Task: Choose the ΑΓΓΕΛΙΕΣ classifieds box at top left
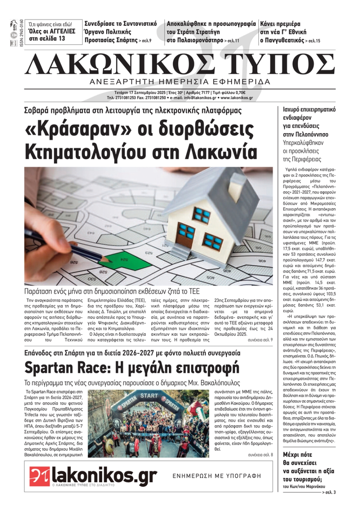52,32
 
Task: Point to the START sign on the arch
149,396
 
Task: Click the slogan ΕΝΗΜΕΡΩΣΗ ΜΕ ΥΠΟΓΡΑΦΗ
217,476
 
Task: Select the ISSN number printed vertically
21,33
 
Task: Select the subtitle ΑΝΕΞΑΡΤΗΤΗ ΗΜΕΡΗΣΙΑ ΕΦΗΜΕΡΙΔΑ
180,82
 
